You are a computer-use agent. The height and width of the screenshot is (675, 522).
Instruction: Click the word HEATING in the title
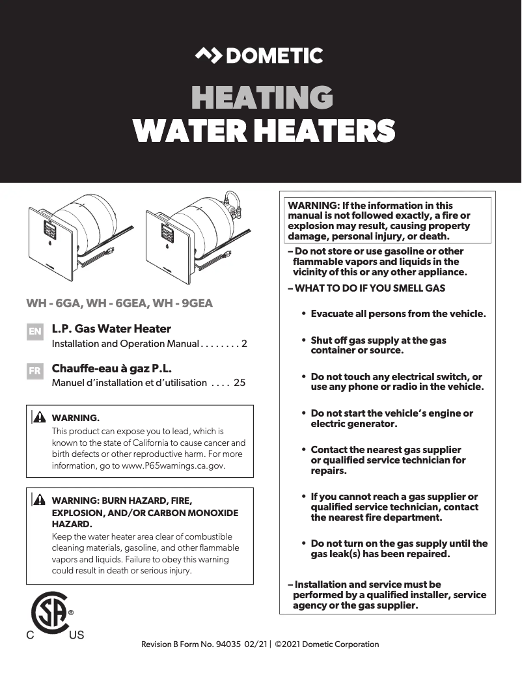262,98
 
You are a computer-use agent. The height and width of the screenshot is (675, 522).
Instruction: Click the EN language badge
35,331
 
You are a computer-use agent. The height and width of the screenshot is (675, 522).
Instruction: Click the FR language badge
35,371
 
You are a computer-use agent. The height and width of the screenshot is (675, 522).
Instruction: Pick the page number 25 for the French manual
240,383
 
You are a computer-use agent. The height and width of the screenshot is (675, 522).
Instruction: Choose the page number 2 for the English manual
244,343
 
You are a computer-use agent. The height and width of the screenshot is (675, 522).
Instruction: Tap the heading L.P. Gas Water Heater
111,329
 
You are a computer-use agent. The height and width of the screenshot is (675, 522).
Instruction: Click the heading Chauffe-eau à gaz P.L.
111,368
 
